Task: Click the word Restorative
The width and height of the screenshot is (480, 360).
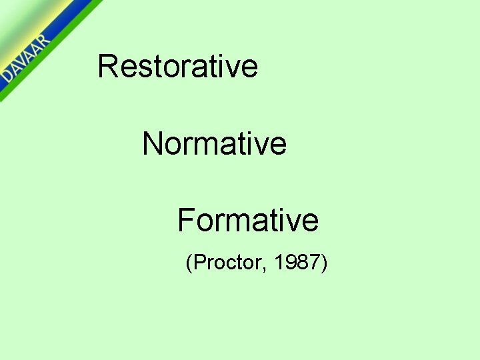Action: coord(177,66)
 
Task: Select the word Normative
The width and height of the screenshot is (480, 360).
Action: coord(214,143)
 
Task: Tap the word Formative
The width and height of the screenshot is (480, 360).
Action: coord(247,220)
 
